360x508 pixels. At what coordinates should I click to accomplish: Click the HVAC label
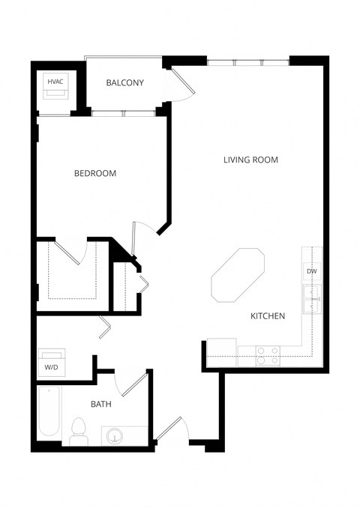click(55, 81)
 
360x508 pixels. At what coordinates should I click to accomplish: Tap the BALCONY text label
click(124, 82)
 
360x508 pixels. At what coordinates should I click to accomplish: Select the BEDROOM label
click(95, 173)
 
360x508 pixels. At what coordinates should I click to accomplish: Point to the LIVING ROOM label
click(250, 160)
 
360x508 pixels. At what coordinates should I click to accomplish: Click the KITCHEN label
click(267, 316)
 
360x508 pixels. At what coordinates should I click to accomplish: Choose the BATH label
click(101, 404)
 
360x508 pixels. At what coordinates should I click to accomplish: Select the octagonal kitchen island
click(236, 275)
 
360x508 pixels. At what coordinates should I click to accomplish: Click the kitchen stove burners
click(268, 354)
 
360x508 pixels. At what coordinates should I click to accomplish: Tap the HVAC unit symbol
click(55, 93)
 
